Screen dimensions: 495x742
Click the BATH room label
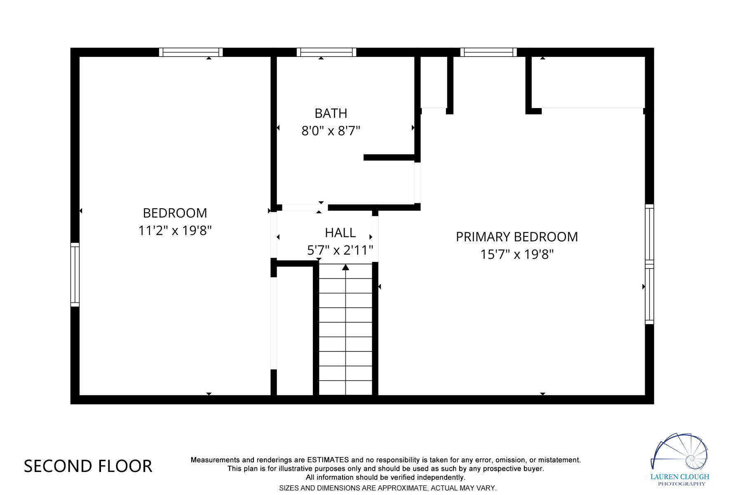(x=331, y=113)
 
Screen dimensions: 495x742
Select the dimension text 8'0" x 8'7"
(x=331, y=131)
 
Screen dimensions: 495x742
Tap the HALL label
(x=340, y=233)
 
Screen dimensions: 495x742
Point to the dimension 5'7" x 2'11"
(x=340, y=250)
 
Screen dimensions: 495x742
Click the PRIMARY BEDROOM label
(x=517, y=237)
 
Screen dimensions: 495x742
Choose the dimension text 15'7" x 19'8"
(x=517, y=255)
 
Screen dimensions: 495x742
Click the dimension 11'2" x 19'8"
(x=175, y=231)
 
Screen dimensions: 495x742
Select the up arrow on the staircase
(x=345, y=268)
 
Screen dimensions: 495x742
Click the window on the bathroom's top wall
(x=326, y=52)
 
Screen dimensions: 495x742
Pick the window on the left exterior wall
(x=75, y=275)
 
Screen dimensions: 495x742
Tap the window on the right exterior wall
(x=649, y=264)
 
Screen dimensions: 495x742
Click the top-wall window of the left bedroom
(x=191, y=52)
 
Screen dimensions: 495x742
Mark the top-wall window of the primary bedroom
(x=488, y=52)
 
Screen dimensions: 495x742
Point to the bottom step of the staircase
(x=345, y=388)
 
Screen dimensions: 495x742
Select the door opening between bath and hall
(x=305, y=207)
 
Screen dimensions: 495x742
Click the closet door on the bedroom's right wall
(x=273, y=323)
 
